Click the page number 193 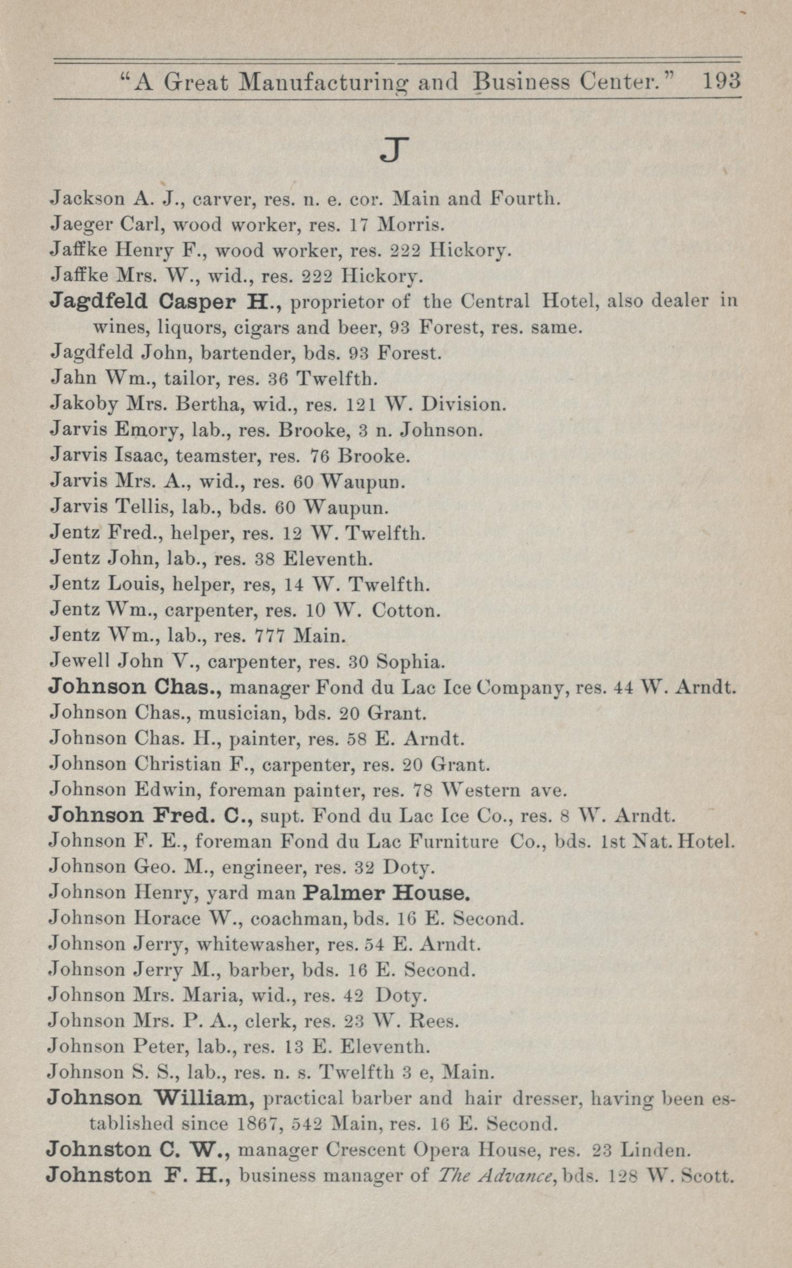[721, 82]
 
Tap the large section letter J [393, 151]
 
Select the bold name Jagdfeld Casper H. [164, 302]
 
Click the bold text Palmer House [386, 893]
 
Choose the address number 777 [269, 636]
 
